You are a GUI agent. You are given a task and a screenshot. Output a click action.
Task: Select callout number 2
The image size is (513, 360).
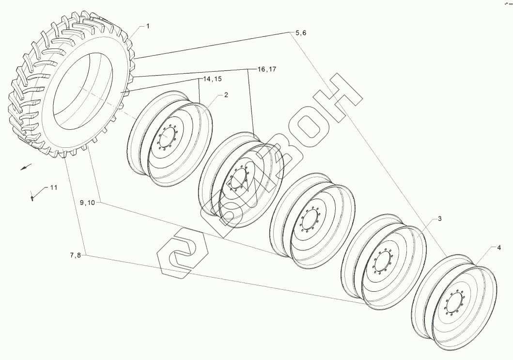[226, 95]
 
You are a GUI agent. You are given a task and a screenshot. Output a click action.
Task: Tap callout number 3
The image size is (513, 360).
[440, 219]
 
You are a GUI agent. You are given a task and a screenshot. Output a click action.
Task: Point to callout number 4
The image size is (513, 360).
[498, 248]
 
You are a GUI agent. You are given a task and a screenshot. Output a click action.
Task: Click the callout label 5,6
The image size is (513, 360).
[301, 32]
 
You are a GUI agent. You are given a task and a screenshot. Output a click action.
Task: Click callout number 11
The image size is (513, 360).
[53, 187]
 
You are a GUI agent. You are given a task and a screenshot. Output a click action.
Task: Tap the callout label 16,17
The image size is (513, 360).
[266, 69]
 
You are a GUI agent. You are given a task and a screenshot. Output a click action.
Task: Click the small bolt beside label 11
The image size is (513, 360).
[32, 197]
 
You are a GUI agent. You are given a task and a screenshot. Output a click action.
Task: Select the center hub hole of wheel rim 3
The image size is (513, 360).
[382, 262]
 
